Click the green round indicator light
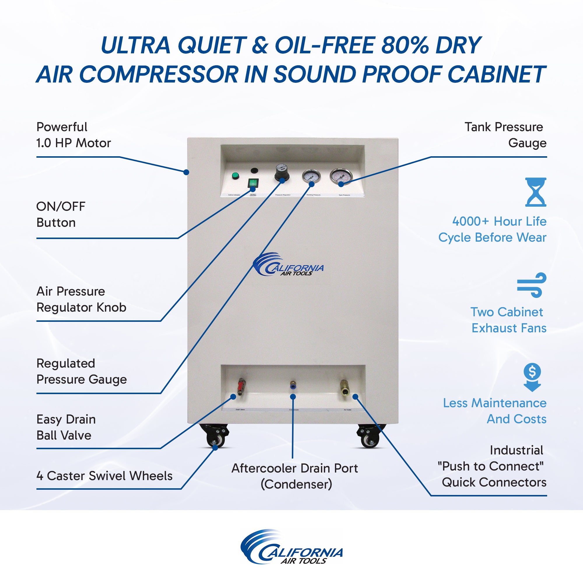pos(235,176)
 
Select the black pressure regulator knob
pos(281,173)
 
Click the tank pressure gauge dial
pos(341,177)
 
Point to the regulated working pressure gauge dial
pos(311,176)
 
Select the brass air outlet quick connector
pos(344,387)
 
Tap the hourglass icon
pos(535,192)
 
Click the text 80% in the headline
pos(404,45)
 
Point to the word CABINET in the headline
pos(496,74)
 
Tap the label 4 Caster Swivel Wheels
pos(104,476)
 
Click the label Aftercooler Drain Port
pos(294,468)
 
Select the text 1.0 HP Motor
pos(74,143)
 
